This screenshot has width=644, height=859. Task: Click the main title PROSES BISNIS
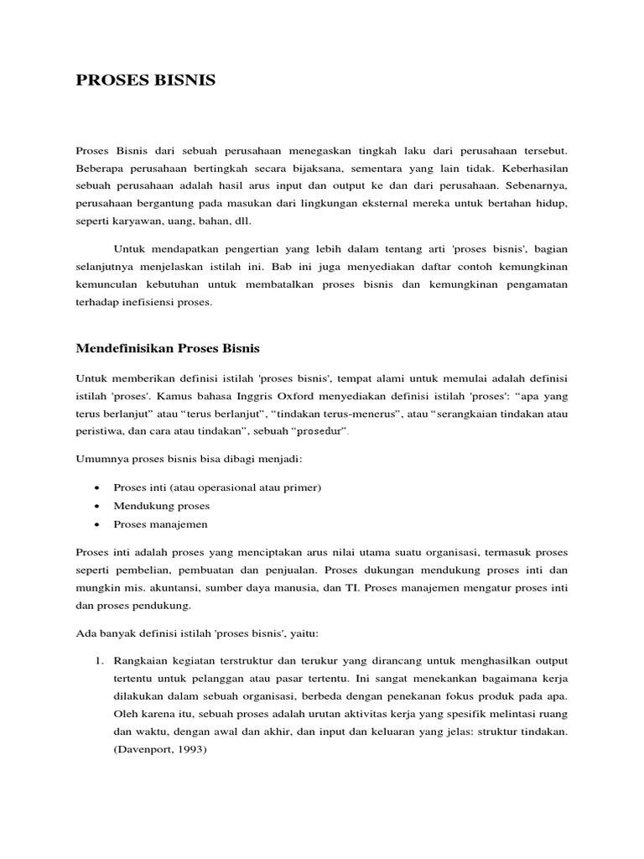pyautogui.click(x=146, y=81)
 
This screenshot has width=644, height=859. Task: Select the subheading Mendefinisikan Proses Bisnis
pyautogui.click(x=179, y=348)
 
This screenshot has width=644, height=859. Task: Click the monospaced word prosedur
pyautogui.click(x=320, y=430)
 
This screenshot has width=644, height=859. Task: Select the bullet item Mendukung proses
pyautogui.click(x=161, y=506)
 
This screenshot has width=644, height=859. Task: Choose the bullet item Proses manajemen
pyautogui.click(x=160, y=524)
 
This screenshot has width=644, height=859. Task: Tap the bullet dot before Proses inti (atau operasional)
pyautogui.click(x=98, y=488)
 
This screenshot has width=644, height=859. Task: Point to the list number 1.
pyautogui.click(x=97, y=659)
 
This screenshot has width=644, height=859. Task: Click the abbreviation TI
pyautogui.click(x=351, y=588)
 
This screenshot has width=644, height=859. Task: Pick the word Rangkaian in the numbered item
pyautogui.click(x=140, y=659)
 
